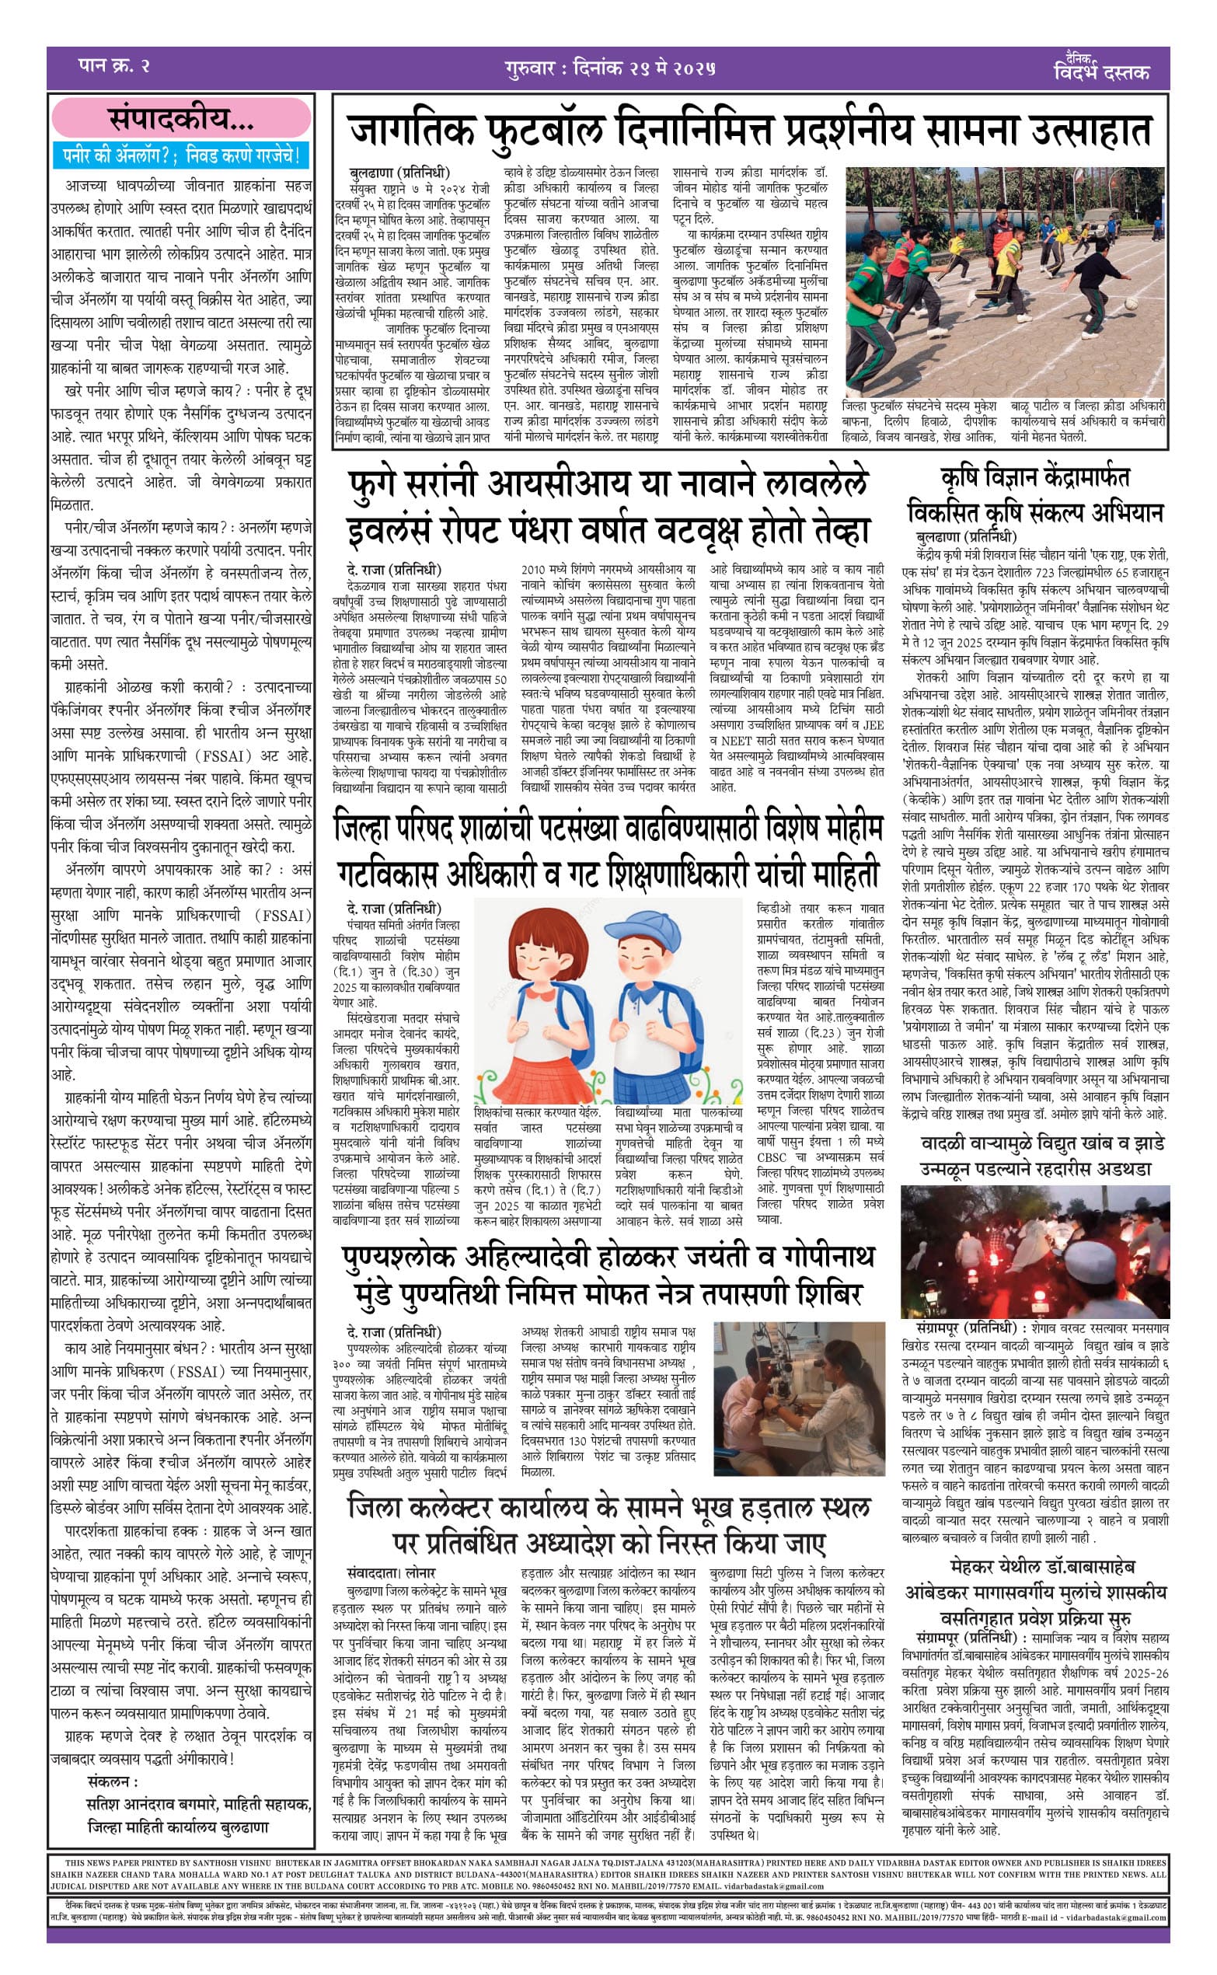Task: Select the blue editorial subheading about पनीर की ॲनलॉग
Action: [x=181, y=155]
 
